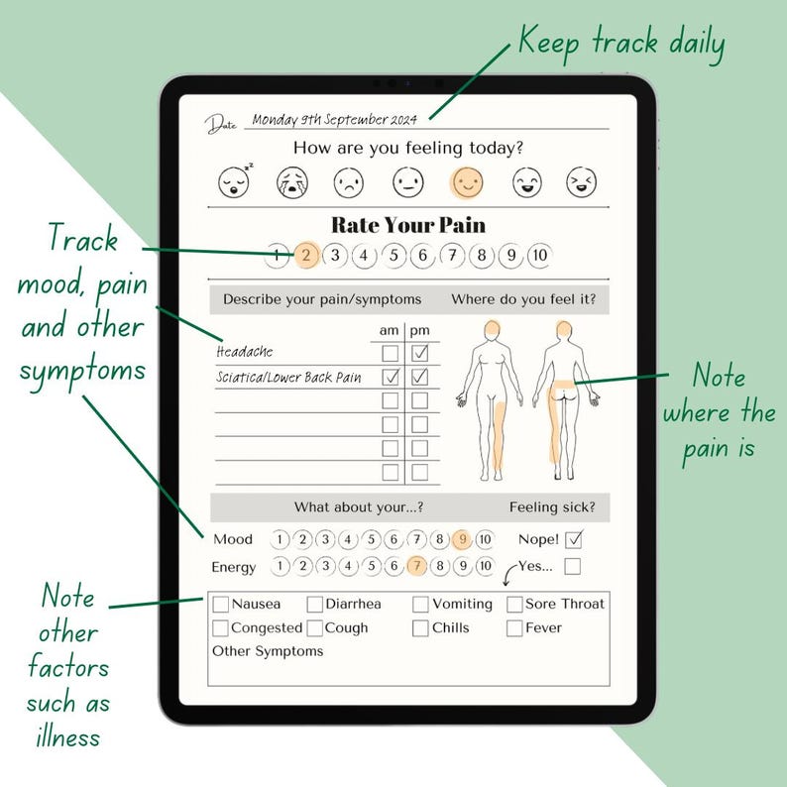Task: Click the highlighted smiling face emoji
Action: coord(467,181)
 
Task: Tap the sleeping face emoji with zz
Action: coord(234,181)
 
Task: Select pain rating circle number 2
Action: coord(306,256)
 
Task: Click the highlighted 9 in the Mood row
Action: coord(461,540)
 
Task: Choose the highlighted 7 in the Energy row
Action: coord(416,567)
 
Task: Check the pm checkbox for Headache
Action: coord(420,353)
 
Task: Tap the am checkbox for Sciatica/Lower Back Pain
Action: coord(391,377)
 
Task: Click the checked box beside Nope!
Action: coord(572,540)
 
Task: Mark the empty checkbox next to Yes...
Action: coord(572,567)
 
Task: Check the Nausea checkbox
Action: coord(221,604)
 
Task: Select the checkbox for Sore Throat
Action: coord(515,604)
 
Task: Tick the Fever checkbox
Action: coord(514,628)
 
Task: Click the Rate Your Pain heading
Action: coord(407,225)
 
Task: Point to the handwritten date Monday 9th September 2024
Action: coord(334,119)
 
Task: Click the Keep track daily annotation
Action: coord(621,45)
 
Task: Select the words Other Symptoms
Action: coord(268,652)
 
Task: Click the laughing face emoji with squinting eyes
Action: coord(582,181)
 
